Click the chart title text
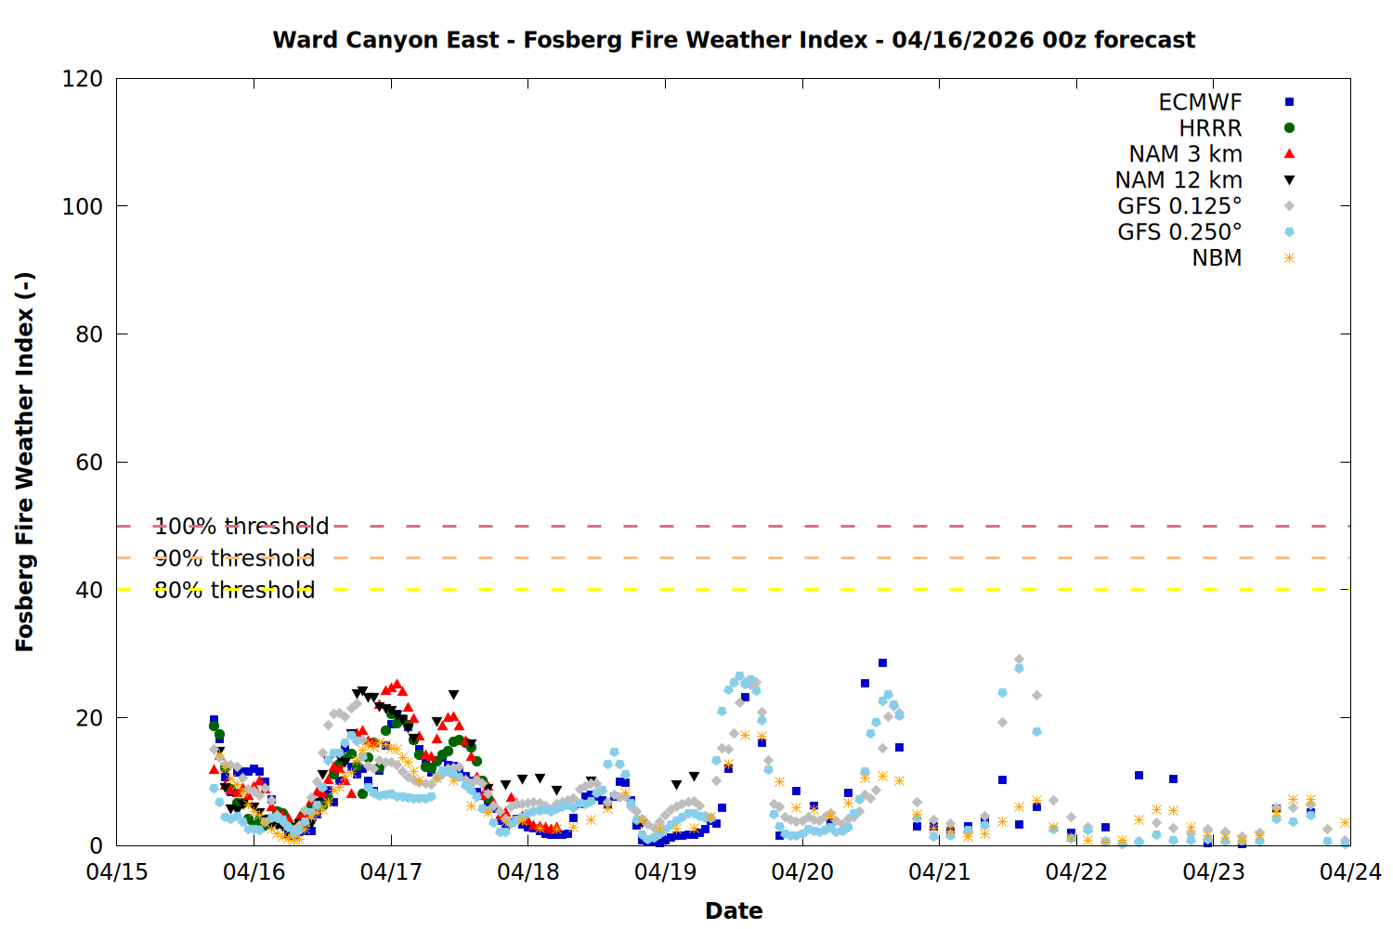[x=734, y=40]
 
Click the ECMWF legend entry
[x=1200, y=102]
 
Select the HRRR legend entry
[x=1210, y=128]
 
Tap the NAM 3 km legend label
[x=1185, y=154]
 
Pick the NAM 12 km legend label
[x=1178, y=180]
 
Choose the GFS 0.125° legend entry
[x=1179, y=206]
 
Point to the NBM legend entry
[x=1217, y=258]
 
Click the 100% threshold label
[x=241, y=527]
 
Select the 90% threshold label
[x=234, y=558]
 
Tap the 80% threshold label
[x=234, y=590]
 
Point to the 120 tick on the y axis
[x=83, y=79]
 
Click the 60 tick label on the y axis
[x=89, y=463]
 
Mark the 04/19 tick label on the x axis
[x=665, y=872]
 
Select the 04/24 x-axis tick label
[x=1350, y=872]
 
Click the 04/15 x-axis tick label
[x=117, y=872]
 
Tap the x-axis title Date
[x=734, y=910]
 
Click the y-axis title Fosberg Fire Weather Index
[x=25, y=462]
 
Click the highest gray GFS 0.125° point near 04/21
[x=1019, y=660]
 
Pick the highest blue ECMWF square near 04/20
[x=882, y=663]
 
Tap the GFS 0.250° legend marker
[x=1289, y=232]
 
